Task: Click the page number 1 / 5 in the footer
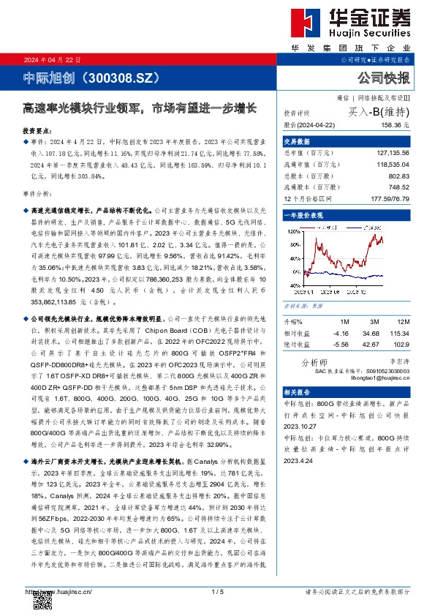[x=217, y=591]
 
